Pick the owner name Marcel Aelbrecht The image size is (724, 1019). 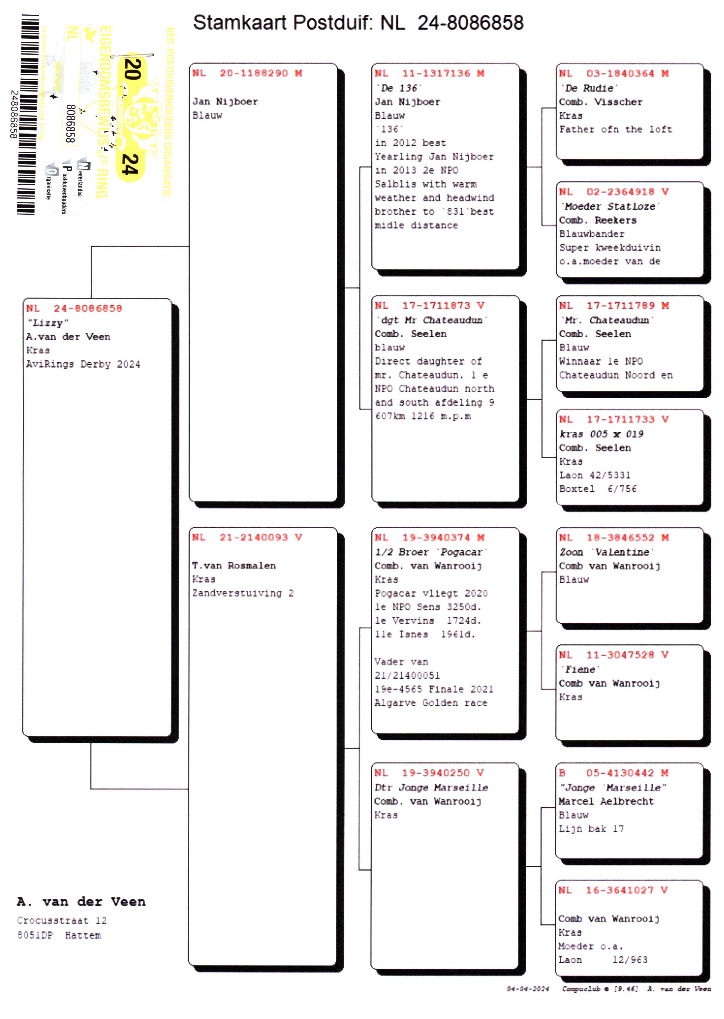coord(606,801)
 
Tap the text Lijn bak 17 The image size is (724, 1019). coord(591,829)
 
